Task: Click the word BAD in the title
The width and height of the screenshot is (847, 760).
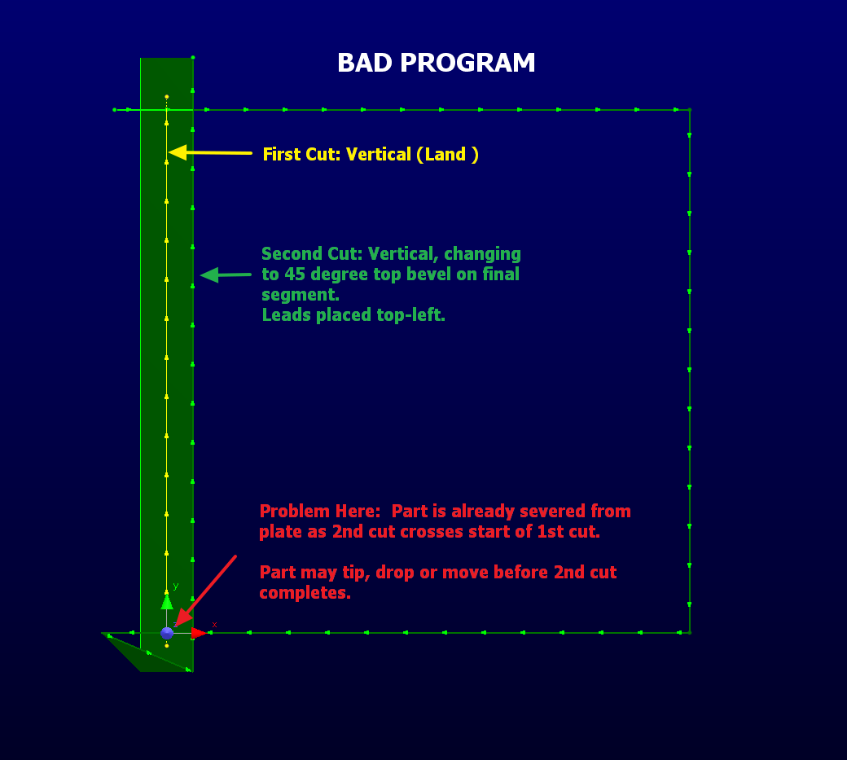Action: [x=365, y=63]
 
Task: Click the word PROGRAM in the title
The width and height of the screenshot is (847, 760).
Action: [x=467, y=63]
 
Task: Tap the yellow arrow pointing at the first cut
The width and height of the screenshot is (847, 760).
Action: [x=210, y=153]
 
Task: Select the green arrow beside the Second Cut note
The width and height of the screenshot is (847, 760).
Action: [x=226, y=275]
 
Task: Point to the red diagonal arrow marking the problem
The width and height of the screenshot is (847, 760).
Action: [x=206, y=591]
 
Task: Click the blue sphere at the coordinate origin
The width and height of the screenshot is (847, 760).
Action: [x=167, y=633]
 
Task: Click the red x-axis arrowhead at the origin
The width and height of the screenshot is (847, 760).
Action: [x=200, y=633]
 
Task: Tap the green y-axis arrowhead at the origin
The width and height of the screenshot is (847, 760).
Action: [x=167, y=602]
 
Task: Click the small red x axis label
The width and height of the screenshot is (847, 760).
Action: [x=214, y=625]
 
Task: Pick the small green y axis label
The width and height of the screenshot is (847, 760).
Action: [x=176, y=586]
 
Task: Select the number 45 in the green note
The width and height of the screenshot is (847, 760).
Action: [x=294, y=275]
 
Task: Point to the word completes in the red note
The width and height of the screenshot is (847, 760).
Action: [x=305, y=593]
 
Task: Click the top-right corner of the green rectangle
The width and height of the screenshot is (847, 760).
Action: [x=690, y=110]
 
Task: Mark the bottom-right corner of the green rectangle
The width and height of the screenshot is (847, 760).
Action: [x=690, y=633]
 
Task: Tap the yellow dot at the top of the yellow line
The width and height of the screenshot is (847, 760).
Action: [x=166, y=97]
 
